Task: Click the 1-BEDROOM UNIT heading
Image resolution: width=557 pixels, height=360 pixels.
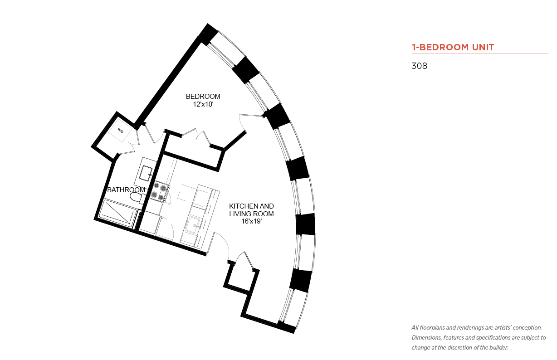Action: coord(453,47)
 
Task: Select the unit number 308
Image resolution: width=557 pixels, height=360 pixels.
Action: coord(419,66)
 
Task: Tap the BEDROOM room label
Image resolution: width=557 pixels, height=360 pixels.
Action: coord(203,97)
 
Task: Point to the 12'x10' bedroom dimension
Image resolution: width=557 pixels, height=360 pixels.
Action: coord(203,104)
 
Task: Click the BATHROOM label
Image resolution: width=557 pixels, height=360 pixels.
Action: coord(126,190)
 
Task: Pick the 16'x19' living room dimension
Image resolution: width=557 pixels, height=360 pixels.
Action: coord(251,221)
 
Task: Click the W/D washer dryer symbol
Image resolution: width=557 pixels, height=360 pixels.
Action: coord(120,131)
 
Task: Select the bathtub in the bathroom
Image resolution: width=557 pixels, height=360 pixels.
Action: coord(118,213)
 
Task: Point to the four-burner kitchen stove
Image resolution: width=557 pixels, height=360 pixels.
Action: coord(161,191)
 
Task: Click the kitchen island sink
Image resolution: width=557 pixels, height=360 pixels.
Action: coord(194,225)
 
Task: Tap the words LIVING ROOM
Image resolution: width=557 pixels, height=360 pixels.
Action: coord(251,214)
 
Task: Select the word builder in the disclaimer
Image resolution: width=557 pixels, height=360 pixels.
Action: coord(498,348)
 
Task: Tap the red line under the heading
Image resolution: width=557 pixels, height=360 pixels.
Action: coord(480,53)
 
